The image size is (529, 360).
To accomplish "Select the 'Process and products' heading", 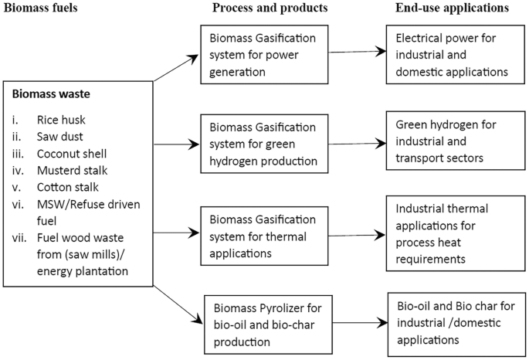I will point(260,8).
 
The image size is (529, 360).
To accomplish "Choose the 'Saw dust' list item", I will point(59,137).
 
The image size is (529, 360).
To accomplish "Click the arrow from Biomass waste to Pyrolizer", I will point(175,297).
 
